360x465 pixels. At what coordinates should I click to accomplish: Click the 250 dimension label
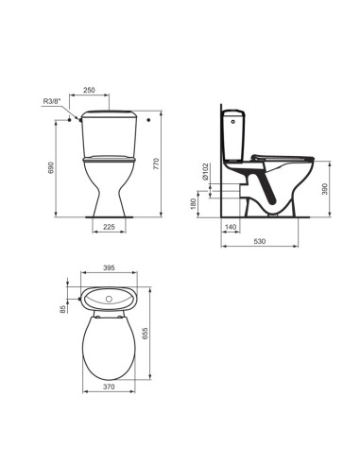pyautogui.click(x=89, y=90)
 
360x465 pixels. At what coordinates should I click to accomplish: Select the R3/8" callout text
pyautogui.click(x=51, y=101)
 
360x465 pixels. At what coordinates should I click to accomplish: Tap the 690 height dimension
pyautogui.click(x=52, y=167)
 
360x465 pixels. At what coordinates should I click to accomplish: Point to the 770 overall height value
pyautogui.click(x=157, y=164)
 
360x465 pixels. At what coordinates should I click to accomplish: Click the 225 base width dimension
pyautogui.click(x=109, y=226)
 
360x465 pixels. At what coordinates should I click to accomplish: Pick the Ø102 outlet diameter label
pyautogui.click(x=205, y=172)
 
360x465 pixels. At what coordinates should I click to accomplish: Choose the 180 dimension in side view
pyautogui.click(x=194, y=203)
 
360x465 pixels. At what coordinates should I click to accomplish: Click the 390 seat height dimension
pyautogui.click(x=325, y=189)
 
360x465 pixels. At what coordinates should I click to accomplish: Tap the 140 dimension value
pyautogui.click(x=231, y=226)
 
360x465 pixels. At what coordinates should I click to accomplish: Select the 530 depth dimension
pyautogui.click(x=260, y=241)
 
